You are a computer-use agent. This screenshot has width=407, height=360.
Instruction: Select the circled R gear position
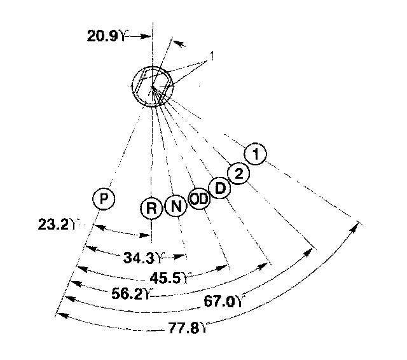click(x=151, y=208)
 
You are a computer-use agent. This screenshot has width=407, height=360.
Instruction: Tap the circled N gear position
click(x=176, y=207)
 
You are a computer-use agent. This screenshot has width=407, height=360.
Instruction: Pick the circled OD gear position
click(x=199, y=200)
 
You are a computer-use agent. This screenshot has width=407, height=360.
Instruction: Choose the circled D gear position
click(x=219, y=188)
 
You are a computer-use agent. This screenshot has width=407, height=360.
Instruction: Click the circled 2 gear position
click(x=238, y=173)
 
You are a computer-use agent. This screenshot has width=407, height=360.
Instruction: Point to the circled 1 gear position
click(x=256, y=153)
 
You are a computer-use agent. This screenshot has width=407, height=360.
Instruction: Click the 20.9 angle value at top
click(x=103, y=36)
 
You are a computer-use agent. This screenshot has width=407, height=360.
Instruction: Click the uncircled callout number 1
click(x=211, y=58)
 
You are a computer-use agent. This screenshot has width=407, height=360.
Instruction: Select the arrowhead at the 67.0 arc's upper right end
click(x=312, y=251)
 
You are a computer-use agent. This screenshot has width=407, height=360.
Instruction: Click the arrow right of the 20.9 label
click(x=139, y=37)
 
